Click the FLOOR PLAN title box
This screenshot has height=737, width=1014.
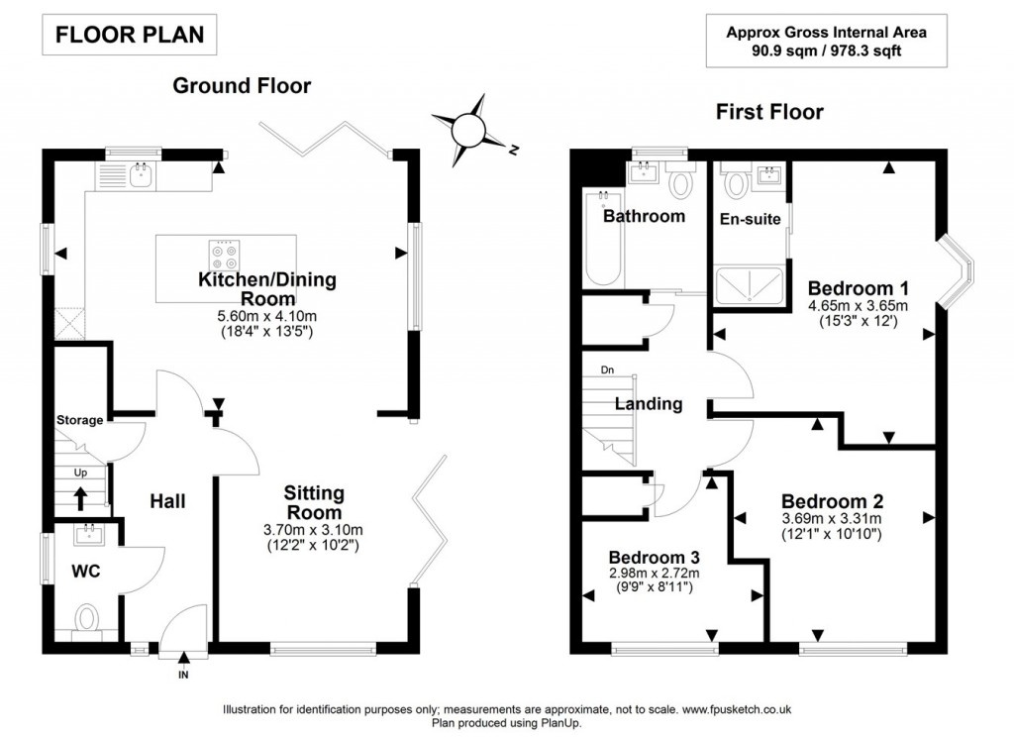coord(129,35)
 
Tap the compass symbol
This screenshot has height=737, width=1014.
coord(466,129)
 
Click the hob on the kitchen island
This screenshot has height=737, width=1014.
coord(226,256)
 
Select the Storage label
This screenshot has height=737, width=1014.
coord(79,420)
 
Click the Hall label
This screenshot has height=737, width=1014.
coord(167,501)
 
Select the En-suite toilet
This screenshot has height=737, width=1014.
coord(738,183)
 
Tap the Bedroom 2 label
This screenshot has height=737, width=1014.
coord(831,501)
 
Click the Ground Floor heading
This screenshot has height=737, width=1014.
coord(242,86)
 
